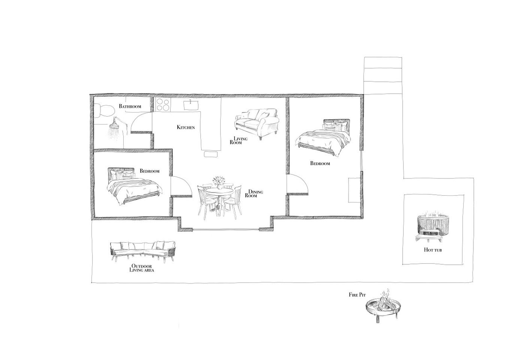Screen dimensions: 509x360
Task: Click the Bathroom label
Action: (x=130, y=106)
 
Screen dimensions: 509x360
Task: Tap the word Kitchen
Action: (x=186, y=127)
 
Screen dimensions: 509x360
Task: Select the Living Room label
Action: (x=238, y=141)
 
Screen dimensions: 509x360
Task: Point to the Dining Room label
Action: (x=254, y=193)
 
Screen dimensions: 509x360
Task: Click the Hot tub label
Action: (x=433, y=250)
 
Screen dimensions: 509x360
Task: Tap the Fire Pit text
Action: (x=358, y=295)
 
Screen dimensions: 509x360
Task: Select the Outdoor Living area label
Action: (x=142, y=268)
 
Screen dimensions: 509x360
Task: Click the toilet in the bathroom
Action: (x=104, y=111)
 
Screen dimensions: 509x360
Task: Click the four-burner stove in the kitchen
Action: (x=163, y=105)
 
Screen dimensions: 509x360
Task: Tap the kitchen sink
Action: (x=191, y=105)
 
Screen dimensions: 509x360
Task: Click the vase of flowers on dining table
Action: (x=219, y=183)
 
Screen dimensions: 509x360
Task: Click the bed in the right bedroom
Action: (x=323, y=137)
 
